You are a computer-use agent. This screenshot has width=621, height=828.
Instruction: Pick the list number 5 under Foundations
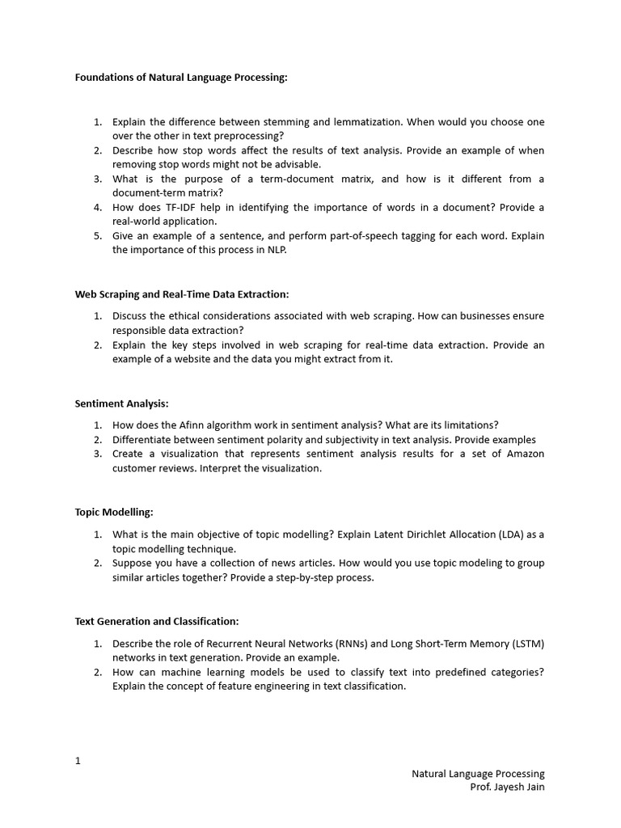point(97,236)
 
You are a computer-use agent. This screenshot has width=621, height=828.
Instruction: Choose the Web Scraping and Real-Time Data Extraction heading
point(182,294)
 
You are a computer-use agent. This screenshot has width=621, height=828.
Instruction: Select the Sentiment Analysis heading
point(121,403)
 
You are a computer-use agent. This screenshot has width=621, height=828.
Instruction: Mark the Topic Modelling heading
point(114,513)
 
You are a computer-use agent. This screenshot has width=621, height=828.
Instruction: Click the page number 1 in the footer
point(78,761)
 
